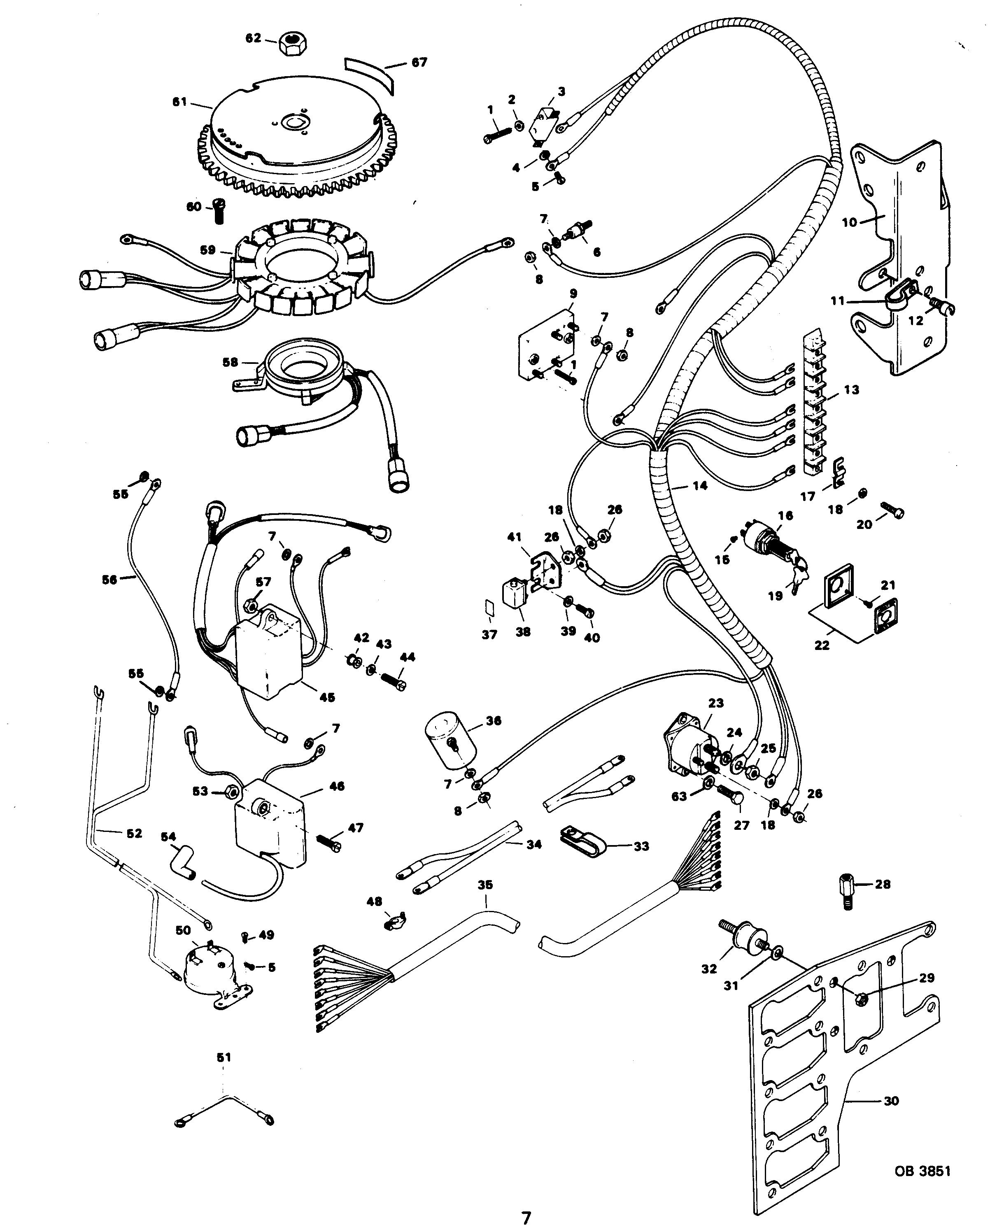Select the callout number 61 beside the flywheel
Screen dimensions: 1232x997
point(180,102)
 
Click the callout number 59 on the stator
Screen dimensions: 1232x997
point(207,250)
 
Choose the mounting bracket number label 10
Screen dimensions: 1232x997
point(849,222)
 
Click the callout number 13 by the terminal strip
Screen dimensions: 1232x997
point(851,390)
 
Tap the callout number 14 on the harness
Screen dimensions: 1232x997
point(699,486)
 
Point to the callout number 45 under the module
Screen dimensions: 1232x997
point(327,697)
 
